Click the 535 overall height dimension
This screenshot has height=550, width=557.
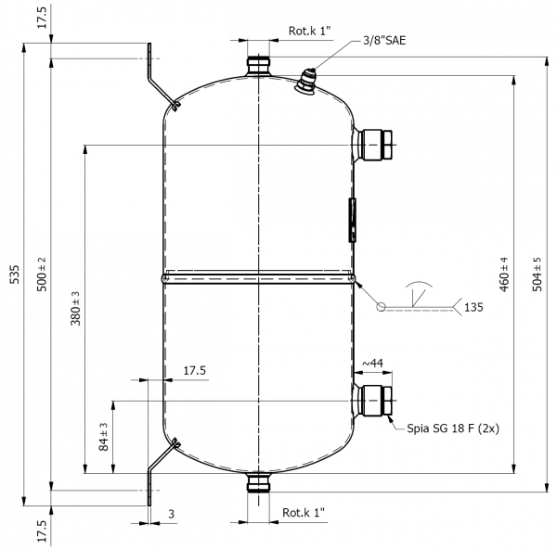[14, 274]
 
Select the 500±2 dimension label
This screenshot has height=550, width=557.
[42, 275]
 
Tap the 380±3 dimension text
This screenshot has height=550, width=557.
[75, 308]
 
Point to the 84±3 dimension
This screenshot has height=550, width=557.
[103, 437]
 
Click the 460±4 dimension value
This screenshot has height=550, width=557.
[504, 275]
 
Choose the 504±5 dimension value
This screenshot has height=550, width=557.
[537, 275]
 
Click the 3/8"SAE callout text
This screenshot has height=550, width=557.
[384, 41]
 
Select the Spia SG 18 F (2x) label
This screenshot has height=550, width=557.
[453, 428]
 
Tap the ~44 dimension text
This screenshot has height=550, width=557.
[372, 363]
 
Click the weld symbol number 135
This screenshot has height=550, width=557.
[473, 307]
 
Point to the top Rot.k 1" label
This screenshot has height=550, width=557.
[309, 31]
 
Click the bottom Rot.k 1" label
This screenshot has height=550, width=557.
[304, 512]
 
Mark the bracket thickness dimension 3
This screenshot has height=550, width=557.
[171, 514]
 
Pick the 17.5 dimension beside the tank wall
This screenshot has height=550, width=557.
[194, 370]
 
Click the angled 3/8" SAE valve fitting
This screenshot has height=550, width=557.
[305, 81]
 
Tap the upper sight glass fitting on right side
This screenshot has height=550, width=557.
[373, 145]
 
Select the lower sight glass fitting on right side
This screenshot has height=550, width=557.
[373, 401]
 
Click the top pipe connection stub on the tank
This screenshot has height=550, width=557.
[258, 66]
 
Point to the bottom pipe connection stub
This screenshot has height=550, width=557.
[258, 482]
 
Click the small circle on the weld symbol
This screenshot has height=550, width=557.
[381, 306]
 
